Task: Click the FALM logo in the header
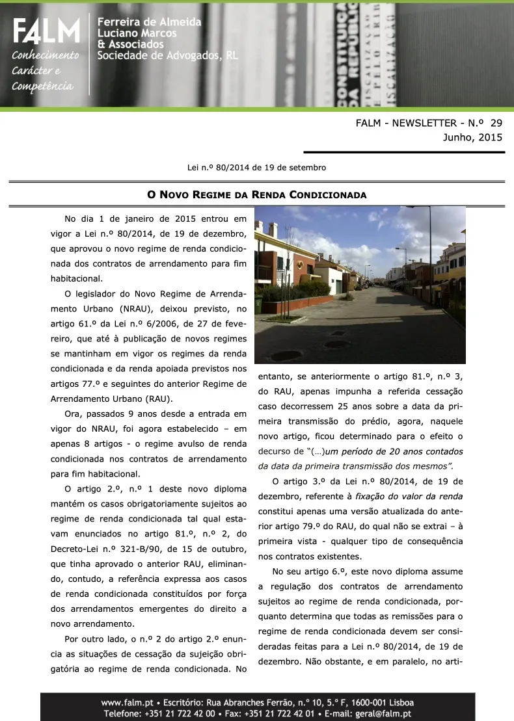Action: click(x=46, y=31)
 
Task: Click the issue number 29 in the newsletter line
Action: click(x=496, y=123)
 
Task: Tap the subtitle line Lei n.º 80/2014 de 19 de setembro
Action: click(x=256, y=168)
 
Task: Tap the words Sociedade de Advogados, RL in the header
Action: click(x=167, y=56)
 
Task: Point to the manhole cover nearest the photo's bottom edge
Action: click(x=286, y=356)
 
